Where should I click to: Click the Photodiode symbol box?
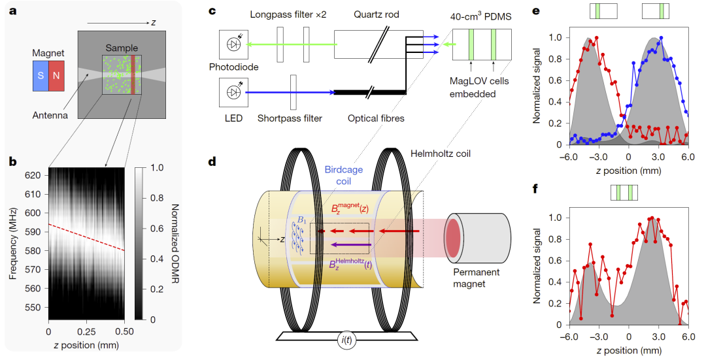point(233,44)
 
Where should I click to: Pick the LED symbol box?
point(233,92)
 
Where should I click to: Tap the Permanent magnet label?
point(479,279)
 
